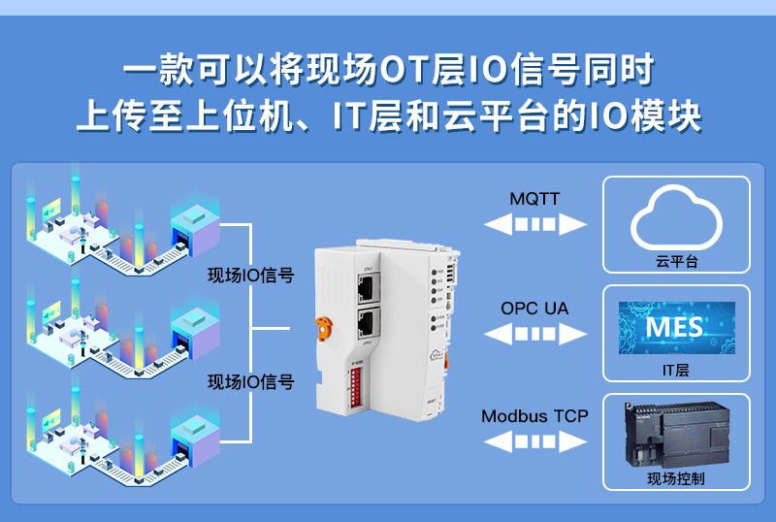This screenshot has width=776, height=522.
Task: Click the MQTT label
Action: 534,199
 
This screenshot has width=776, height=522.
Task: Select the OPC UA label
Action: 534,309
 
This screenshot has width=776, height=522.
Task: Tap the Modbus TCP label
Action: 534,416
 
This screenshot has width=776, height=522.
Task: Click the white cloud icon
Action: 677,218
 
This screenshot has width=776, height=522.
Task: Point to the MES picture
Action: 676,327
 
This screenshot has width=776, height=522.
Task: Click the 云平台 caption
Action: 677,262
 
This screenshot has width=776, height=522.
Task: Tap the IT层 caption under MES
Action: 676,370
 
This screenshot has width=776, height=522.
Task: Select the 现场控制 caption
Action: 676,478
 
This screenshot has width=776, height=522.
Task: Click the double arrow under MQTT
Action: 535,225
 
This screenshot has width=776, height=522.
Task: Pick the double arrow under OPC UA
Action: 535,335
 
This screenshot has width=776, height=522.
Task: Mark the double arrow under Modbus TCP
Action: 535,442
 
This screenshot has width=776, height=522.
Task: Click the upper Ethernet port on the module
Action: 368,286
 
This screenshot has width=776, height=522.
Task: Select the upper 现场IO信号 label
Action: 250,276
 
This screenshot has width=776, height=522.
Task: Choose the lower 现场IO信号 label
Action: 250,381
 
